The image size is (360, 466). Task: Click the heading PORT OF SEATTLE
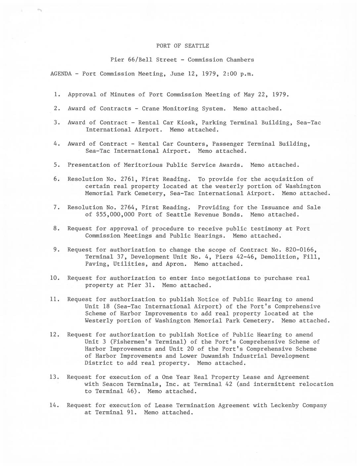coord(182,46)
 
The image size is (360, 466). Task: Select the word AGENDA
coord(61,74)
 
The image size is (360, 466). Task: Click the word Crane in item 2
coord(151,109)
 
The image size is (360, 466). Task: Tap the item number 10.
coord(55,278)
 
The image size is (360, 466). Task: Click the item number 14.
coord(54,405)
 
